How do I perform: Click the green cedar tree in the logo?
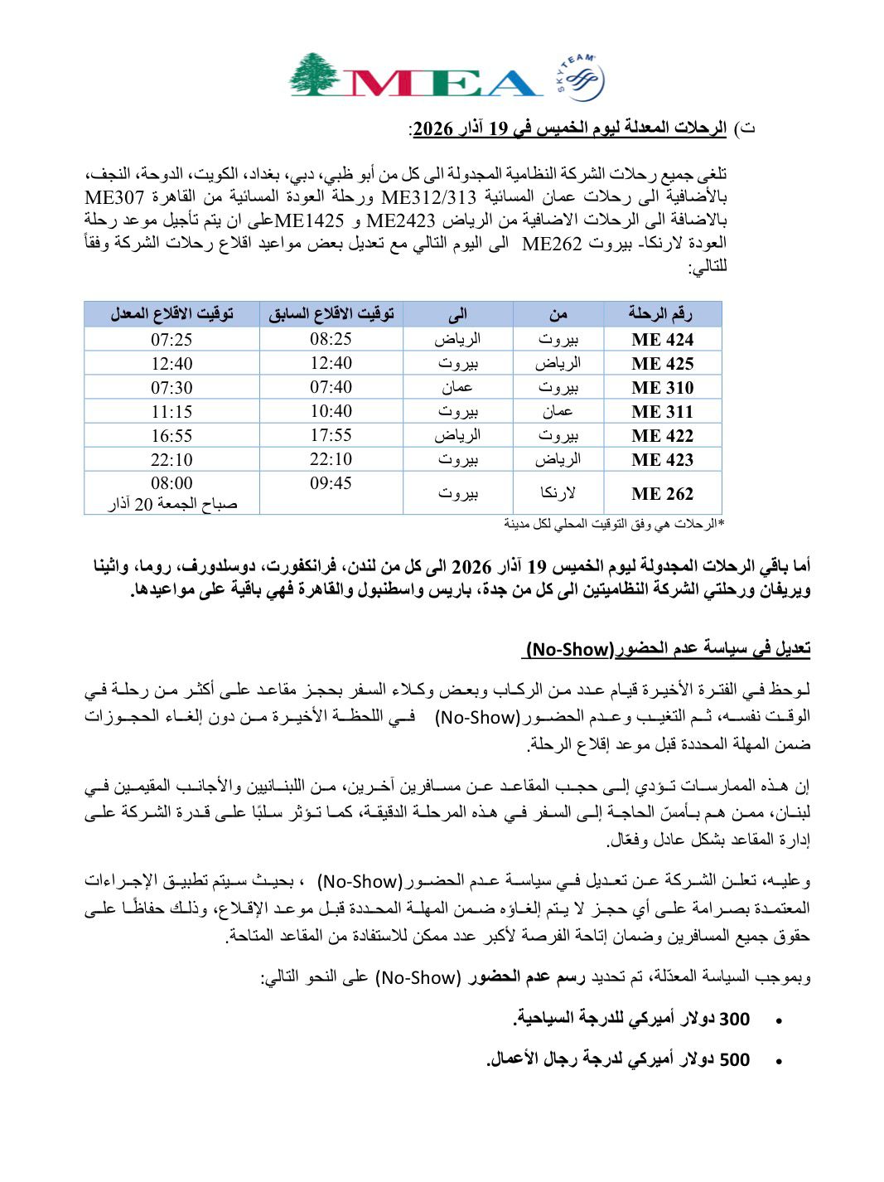(314, 75)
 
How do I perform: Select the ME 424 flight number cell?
(662, 339)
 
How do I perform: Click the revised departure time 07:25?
(171, 339)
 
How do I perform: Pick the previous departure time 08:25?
(331, 339)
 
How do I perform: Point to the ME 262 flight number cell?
(662, 494)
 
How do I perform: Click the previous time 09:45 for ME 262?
(331, 483)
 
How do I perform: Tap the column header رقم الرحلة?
(660, 313)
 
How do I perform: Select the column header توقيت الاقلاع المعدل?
(172, 313)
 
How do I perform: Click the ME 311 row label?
(662, 411)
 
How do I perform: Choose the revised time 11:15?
(171, 411)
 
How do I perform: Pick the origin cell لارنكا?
(558, 493)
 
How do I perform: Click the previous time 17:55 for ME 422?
(331, 435)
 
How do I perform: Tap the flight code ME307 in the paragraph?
(115, 198)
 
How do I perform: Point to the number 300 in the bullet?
(733, 1019)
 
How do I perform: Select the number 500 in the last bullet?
(733, 1059)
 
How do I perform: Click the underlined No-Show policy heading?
(667, 648)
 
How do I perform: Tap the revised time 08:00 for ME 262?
(171, 483)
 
